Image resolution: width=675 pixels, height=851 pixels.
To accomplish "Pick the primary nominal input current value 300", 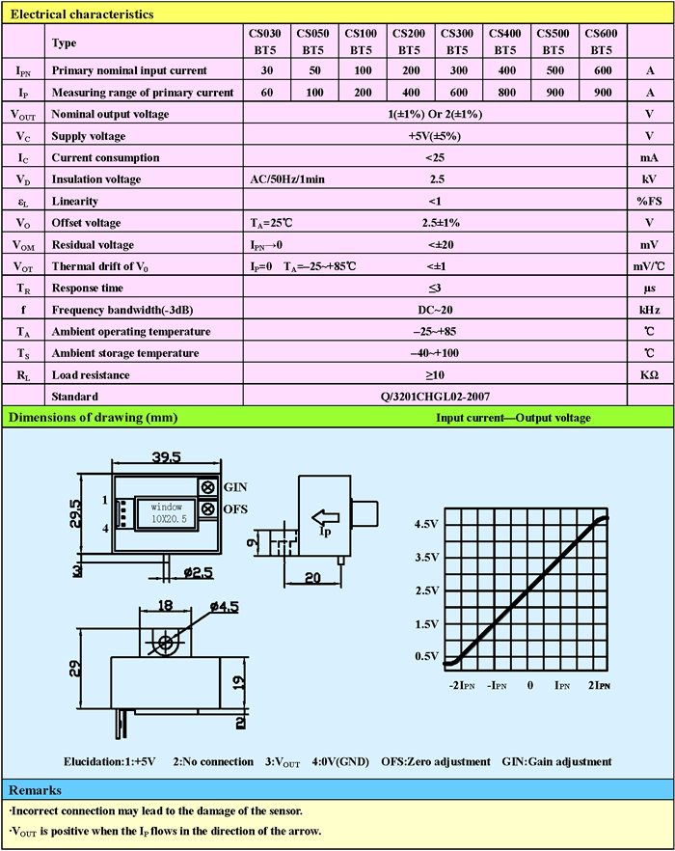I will click(x=457, y=71).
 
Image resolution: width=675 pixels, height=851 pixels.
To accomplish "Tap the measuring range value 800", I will click(x=505, y=93).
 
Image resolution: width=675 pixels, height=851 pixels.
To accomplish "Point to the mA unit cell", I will click(x=651, y=157).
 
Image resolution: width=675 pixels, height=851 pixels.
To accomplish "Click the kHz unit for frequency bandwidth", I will click(x=651, y=310).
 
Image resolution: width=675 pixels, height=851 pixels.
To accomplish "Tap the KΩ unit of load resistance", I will click(x=651, y=374).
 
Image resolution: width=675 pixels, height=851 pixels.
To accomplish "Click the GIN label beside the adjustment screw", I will click(x=236, y=485).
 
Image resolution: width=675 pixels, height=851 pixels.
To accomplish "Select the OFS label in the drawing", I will click(x=237, y=508).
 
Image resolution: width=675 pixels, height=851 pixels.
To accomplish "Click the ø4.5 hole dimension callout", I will click(x=224, y=607).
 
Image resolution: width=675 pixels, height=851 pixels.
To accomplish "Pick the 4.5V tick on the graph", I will click(x=426, y=524).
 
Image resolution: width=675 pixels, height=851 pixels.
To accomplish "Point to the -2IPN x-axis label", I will click(x=462, y=685).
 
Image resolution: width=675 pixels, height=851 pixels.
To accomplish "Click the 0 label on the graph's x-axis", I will click(x=529, y=685).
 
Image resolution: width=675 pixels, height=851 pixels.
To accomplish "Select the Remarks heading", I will click(x=36, y=789).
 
